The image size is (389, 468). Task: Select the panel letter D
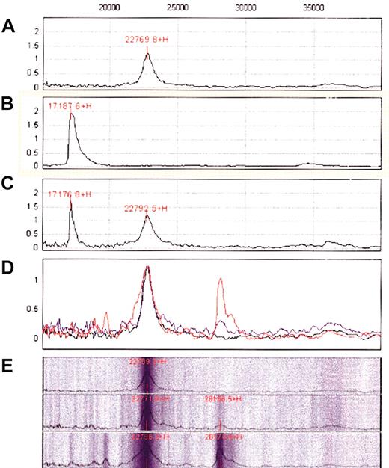[8, 265]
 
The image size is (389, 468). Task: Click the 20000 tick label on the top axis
[110, 7]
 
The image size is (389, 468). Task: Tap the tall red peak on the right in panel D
[220, 279]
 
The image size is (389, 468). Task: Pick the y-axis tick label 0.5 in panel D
[30, 309]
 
